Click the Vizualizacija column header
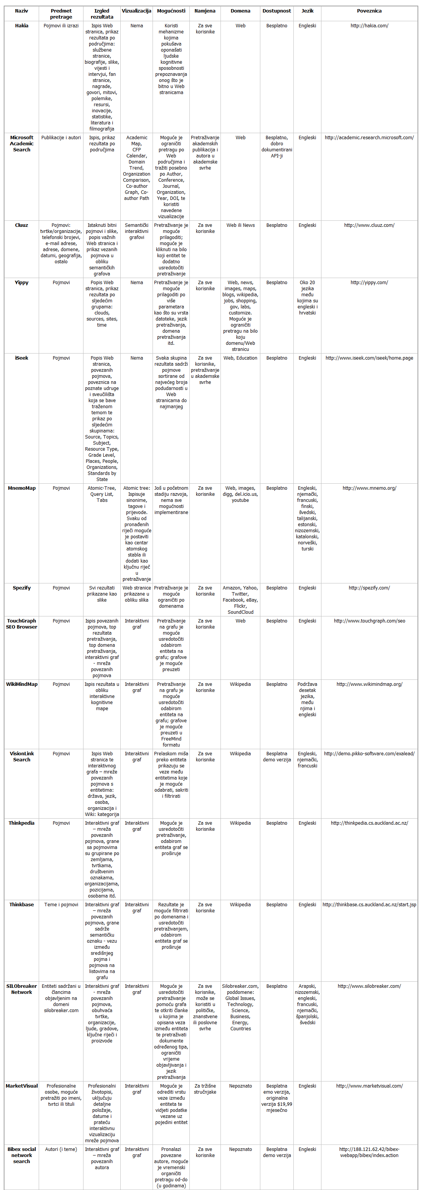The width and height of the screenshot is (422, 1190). pyautogui.click(x=136, y=11)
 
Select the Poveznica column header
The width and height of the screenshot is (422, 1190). pyautogui.click(x=369, y=11)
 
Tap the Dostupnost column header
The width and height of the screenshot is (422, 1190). pyautogui.click(x=276, y=11)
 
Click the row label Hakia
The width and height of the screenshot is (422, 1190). pyautogui.click(x=22, y=26)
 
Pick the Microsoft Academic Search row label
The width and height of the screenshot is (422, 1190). pyautogui.click(x=22, y=144)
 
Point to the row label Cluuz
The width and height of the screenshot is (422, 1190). pyautogui.click(x=22, y=225)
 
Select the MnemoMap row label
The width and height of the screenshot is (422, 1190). pyautogui.click(x=22, y=488)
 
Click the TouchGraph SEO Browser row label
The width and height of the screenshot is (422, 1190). pyautogui.click(x=22, y=624)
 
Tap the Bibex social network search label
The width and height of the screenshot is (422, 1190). pyautogui.click(x=22, y=1155)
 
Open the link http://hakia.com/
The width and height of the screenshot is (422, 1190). pyautogui.click(x=369, y=26)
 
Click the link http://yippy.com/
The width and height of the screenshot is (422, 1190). pyautogui.click(x=369, y=283)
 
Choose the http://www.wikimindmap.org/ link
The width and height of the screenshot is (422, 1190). pyautogui.click(x=369, y=685)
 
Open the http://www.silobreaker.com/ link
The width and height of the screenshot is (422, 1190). pyautogui.click(x=369, y=986)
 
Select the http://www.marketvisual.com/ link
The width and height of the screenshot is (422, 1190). pyautogui.click(x=369, y=1086)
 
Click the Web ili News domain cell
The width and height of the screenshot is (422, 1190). pyautogui.click(x=240, y=225)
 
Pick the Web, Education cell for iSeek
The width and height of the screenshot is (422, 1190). pyautogui.click(x=240, y=358)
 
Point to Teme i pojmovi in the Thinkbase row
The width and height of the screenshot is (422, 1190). pyautogui.click(x=61, y=905)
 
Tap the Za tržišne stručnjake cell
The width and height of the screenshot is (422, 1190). pyautogui.click(x=205, y=1089)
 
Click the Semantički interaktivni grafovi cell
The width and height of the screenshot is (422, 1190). pyautogui.click(x=136, y=231)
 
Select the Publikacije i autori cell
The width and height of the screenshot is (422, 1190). pyautogui.click(x=61, y=138)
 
